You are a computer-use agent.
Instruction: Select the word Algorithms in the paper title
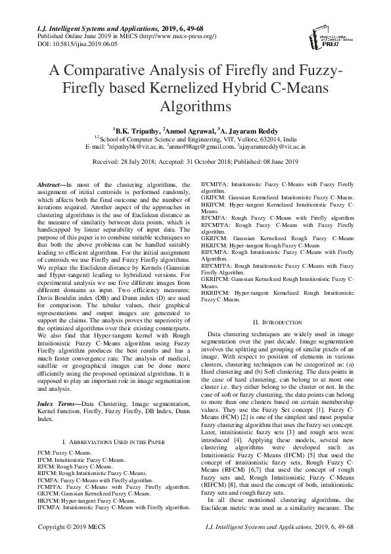point(195,105)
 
